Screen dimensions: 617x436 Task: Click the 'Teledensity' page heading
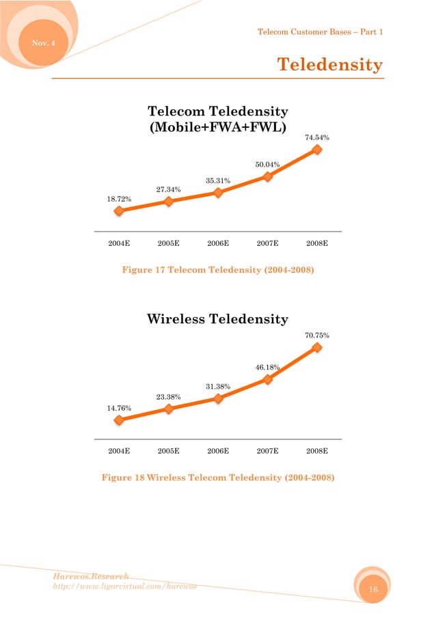click(329, 64)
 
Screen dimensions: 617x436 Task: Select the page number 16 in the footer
click(373, 589)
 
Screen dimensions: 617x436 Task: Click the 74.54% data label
click(317, 137)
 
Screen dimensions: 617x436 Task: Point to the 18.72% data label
click(119, 198)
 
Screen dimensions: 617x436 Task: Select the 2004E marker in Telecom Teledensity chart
click(119, 211)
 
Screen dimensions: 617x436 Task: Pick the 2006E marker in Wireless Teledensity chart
click(218, 398)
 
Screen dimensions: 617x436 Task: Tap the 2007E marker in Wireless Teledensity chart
click(268, 379)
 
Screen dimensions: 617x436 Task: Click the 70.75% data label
click(317, 335)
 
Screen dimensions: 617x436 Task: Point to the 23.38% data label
click(168, 396)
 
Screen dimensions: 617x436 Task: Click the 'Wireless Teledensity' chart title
click(217, 319)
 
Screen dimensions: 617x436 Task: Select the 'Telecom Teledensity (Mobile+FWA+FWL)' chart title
click(217, 120)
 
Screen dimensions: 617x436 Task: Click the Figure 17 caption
click(217, 271)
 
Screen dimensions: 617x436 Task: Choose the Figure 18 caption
click(217, 478)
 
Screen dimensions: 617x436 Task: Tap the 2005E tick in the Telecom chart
click(168, 243)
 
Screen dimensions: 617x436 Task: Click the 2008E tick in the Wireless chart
click(317, 451)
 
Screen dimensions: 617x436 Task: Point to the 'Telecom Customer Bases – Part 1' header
click(319, 32)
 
